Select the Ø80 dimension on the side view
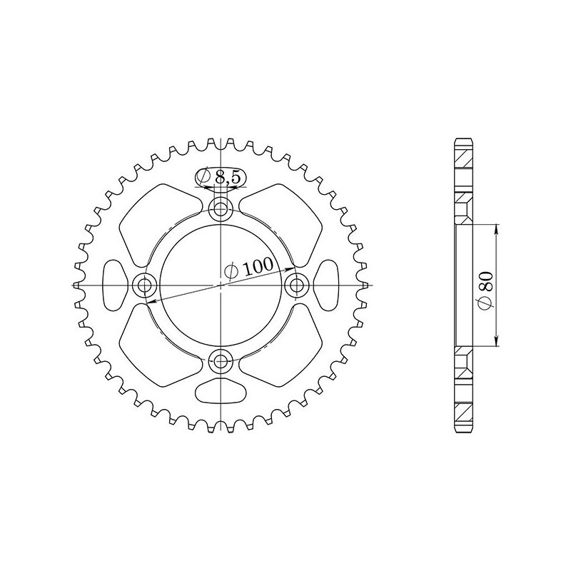pos(485,285)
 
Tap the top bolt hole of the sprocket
pos(222,209)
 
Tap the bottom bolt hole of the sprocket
pos(222,360)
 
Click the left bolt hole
pos(146,285)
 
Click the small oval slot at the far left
pos(114,284)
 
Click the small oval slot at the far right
pos(328,284)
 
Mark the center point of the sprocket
pos(222,285)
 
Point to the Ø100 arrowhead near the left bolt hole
pos(151,302)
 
